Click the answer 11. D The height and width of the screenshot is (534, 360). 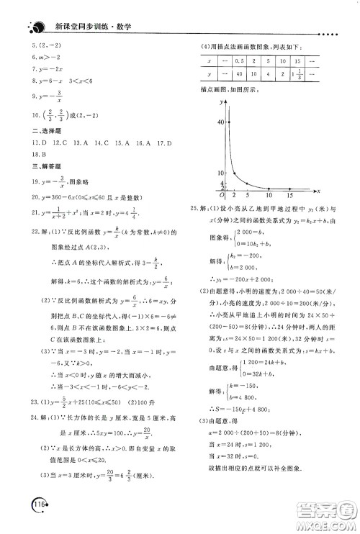[35, 142]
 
